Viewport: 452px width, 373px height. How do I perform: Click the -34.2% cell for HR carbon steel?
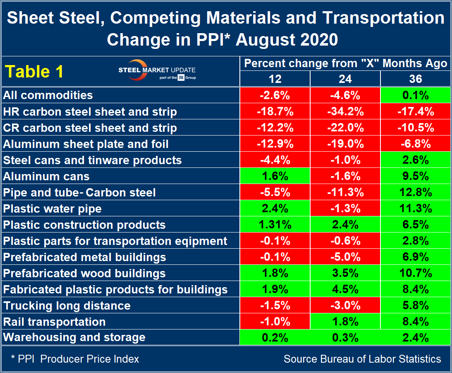click(x=345, y=111)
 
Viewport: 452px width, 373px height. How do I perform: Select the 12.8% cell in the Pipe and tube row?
click(x=416, y=192)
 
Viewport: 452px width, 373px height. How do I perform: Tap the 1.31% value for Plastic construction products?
click(x=275, y=225)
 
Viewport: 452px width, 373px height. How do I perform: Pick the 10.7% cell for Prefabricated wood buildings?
click(x=416, y=273)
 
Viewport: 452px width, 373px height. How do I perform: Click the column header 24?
click(x=345, y=78)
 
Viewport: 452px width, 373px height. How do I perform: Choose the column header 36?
click(x=416, y=78)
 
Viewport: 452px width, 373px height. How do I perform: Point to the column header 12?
click(x=275, y=78)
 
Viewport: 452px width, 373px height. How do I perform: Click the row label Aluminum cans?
click(x=46, y=176)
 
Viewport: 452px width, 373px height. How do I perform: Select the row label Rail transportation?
click(x=54, y=322)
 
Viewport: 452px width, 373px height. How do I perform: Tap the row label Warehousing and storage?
click(x=74, y=337)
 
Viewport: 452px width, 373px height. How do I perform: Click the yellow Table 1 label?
click(x=33, y=71)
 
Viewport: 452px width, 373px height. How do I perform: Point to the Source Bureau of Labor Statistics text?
click(x=362, y=359)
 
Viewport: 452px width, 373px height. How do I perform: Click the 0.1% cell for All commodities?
click(x=416, y=95)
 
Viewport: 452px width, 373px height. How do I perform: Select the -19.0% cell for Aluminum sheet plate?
click(x=345, y=144)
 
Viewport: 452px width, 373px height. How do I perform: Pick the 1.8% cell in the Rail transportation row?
click(x=345, y=322)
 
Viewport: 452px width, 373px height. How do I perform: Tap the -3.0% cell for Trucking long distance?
click(x=345, y=305)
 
